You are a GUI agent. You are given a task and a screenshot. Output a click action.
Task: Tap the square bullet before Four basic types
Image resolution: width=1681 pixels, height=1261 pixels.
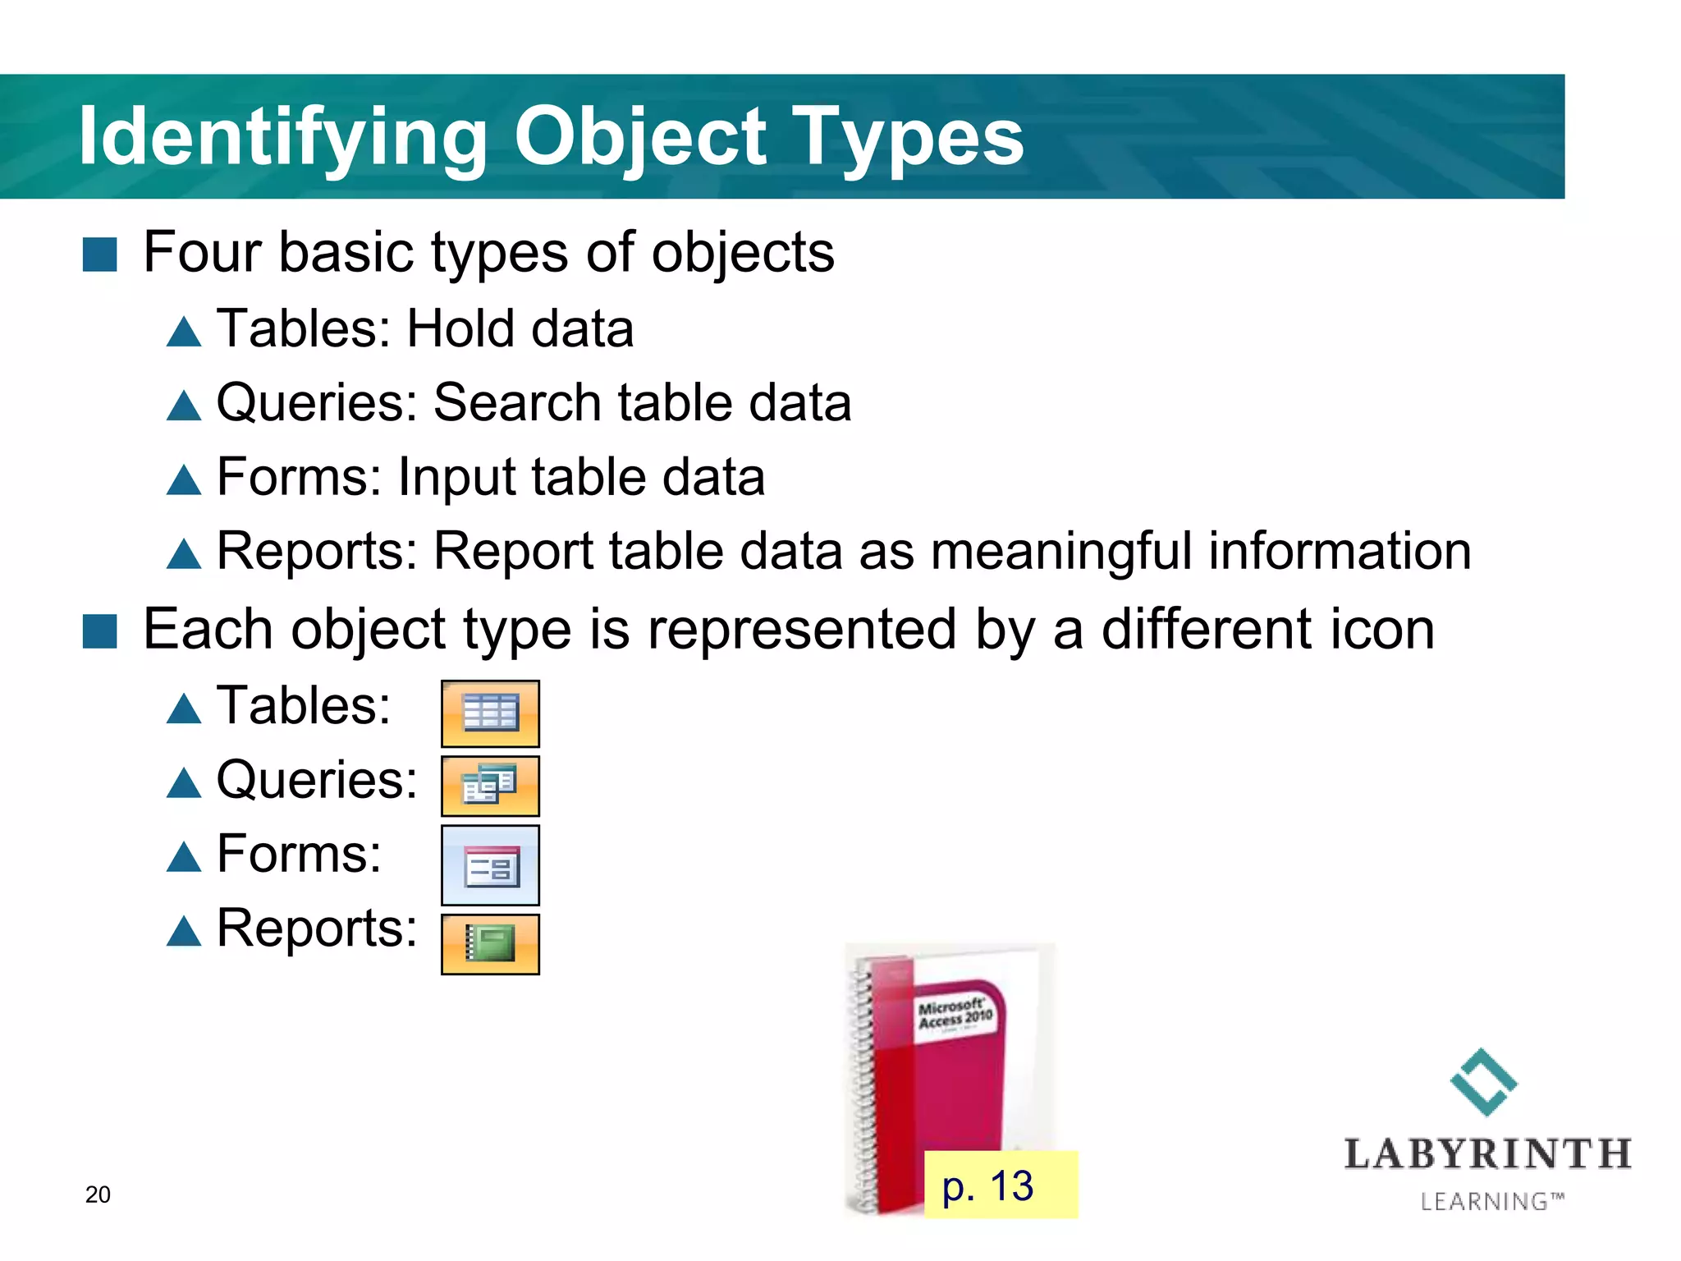click(x=100, y=254)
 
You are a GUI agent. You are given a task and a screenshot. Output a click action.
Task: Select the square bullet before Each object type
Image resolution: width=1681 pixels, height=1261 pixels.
click(x=100, y=631)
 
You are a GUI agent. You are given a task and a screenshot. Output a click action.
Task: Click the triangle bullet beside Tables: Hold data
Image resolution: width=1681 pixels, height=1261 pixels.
click(x=183, y=332)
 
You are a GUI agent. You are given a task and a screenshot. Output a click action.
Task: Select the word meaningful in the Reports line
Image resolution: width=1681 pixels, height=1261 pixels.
click(x=1061, y=551)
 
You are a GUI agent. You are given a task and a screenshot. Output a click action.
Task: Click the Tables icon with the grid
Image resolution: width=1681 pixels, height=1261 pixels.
click(x=490, y=713)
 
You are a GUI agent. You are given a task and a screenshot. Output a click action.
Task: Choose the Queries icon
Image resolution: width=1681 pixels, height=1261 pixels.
click(x=490, y=786)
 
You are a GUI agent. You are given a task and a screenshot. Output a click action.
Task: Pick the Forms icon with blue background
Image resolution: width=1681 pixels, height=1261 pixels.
click(x=490, y=865)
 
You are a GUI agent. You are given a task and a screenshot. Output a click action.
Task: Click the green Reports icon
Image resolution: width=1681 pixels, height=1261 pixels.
click(x=490, y=944)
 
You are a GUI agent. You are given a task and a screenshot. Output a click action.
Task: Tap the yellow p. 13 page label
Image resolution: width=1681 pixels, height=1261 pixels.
click(x=1000, y=1185)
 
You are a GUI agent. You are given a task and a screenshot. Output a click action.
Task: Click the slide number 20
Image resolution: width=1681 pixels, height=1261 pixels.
click(x=98, y=1195)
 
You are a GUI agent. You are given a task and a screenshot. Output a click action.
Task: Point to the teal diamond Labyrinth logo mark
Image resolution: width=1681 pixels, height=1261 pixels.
click(x=1484, y=1082)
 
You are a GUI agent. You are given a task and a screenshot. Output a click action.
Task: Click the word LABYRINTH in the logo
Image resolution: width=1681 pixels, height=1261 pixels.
click(x=1487, y=1154)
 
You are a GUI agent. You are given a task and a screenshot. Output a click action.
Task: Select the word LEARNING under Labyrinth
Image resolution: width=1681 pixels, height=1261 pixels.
click(x=1484, y=1202)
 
